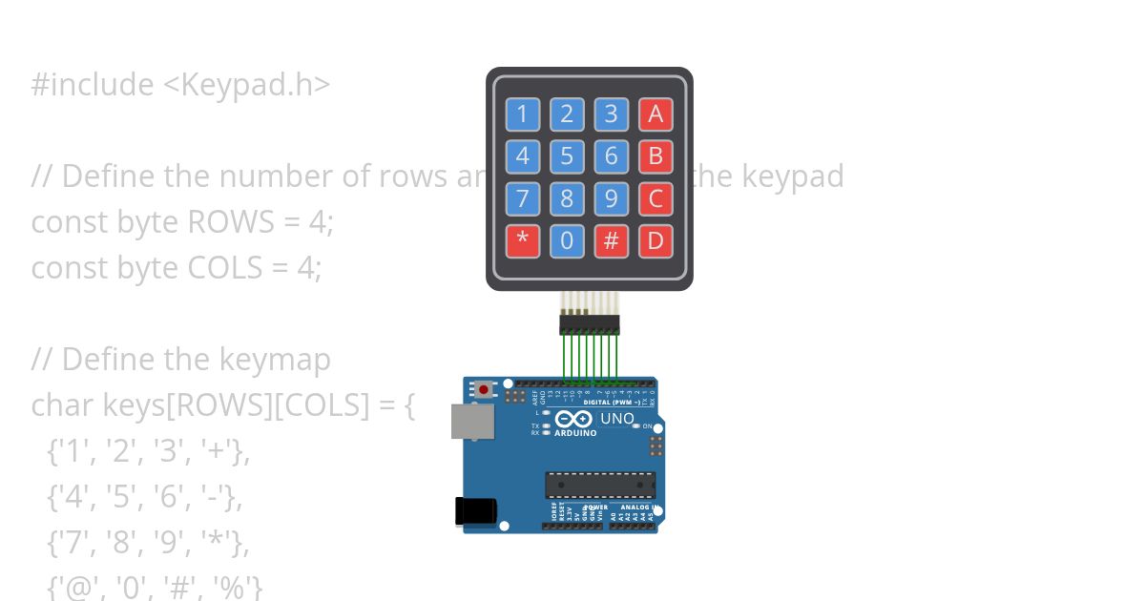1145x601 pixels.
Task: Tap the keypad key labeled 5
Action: [567, 155]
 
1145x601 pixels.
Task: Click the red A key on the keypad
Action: [656, 114]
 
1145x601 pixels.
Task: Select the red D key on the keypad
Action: [656, 240]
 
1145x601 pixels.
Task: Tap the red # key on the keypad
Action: [612, 240]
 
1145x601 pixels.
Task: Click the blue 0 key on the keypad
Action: [567, 240]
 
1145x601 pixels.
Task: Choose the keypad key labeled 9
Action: [612, 198]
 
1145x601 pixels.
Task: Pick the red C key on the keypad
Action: [656, 198]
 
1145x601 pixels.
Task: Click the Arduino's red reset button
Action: [485, 389]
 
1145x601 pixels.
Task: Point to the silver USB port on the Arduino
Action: [472, 421]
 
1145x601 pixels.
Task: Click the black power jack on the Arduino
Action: [473, 511]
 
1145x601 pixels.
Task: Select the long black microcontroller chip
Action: [600, 485]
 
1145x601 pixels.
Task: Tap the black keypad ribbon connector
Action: [589, 324]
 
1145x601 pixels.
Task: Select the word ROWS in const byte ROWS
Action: [222, 222]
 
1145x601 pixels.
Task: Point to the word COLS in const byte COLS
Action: [224, 268]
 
